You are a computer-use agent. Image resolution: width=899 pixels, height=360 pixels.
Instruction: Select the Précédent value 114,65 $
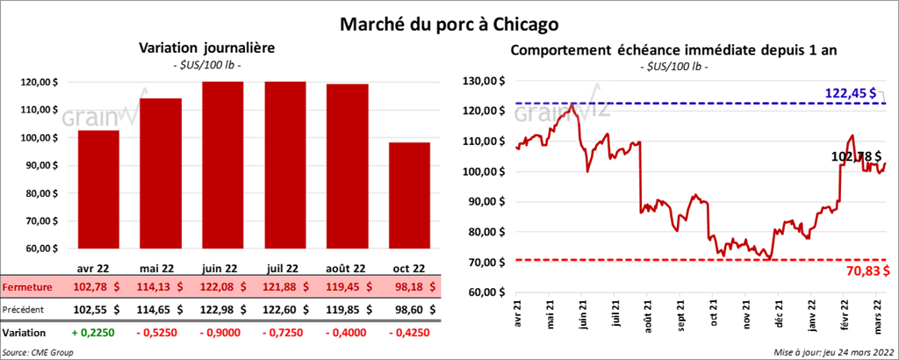(x=160, y=309)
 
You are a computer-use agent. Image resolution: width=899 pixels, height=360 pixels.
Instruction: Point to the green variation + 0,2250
(x=98, y=334)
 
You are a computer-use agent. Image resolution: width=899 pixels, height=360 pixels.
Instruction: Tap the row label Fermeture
(x=27, y=287)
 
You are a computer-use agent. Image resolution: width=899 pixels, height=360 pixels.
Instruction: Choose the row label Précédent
(x=27, y=309)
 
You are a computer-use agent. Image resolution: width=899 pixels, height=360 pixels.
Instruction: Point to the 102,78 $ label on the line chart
(x=857, y=156)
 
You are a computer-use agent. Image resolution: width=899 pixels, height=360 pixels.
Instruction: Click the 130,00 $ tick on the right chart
(x=485, y=81)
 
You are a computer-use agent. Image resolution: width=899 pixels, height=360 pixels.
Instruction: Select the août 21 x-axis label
(x=648, y=316)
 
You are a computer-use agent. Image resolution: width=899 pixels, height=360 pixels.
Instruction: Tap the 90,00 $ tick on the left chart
(x=52, y=166)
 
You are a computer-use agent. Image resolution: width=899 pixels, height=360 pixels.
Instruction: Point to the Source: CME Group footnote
(x=39, y=352)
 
